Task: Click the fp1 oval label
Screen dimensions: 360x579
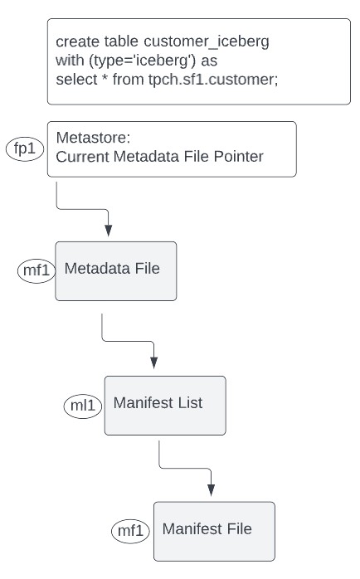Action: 25,148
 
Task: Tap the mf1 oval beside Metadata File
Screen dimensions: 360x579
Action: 36,270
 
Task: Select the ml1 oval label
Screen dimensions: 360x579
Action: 83,406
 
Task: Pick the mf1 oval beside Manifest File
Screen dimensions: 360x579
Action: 130,531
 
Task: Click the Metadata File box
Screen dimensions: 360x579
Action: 116,271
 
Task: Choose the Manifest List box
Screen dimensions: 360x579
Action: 165,406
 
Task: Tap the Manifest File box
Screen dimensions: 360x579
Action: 214,532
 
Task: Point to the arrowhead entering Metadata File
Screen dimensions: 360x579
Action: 108,231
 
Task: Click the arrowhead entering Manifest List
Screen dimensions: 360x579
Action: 154,362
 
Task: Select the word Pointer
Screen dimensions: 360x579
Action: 239,156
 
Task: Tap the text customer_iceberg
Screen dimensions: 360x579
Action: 207,41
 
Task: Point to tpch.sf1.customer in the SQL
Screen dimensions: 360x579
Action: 213,80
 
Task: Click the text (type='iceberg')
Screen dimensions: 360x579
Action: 143,61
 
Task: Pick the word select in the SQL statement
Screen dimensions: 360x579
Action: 77,80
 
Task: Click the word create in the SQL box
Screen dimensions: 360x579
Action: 77,41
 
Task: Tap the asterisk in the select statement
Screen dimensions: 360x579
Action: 105,77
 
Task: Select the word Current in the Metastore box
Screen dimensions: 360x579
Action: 83,156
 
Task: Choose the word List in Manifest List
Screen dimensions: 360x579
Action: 190,402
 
